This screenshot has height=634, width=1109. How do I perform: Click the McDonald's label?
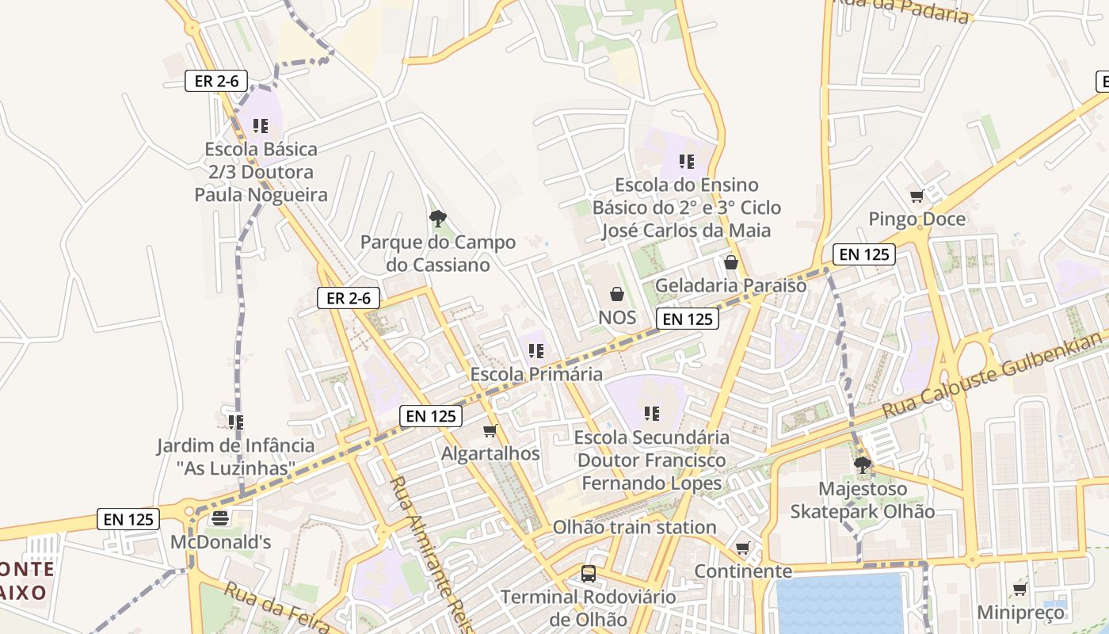click(x=221, y=543)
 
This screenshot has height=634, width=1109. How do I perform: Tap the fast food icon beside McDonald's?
click(x=220, y=519)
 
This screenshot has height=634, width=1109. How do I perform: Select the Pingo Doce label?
click(x=917, y=220)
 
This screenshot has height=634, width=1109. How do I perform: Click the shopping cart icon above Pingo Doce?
click(x=917, y=196)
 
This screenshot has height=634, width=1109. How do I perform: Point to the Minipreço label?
click(x=1020, y=613)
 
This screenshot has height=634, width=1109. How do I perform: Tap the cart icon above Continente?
click(x=742, y=548)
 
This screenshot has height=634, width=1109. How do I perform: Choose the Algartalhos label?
click(x=490, y=454)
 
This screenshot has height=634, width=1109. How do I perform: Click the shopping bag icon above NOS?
click(x=617, y=295)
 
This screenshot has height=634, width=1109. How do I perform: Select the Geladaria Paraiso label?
click(x=730, y=285)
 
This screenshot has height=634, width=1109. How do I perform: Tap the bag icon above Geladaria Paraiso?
click(x=730, y=262)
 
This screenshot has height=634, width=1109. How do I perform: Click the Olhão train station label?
click(x=635, y=527)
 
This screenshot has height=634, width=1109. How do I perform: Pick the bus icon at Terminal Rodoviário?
click(x=589, y=573)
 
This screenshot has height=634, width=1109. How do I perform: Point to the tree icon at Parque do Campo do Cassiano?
click(x=437, y=219)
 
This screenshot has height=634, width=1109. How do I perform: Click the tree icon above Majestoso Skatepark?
click(x=863, y=465)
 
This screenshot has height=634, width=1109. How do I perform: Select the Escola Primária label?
click(x=536, y=374)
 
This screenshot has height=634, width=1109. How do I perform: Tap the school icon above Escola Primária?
click(x=536, y=350)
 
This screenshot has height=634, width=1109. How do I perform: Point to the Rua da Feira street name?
click(x=276, y=609)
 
